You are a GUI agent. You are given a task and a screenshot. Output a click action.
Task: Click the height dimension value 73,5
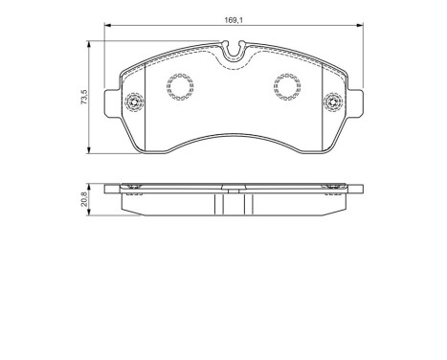84,97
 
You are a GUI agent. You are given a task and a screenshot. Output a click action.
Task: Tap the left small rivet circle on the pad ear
134,101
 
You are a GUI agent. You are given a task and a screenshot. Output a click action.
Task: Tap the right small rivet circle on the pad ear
334,101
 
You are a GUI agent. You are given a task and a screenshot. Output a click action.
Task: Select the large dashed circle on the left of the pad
179,89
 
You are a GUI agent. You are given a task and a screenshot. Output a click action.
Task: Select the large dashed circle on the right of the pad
287,89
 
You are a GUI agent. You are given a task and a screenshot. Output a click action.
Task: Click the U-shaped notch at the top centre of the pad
233,48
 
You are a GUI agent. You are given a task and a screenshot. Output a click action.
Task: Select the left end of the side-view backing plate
110,187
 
